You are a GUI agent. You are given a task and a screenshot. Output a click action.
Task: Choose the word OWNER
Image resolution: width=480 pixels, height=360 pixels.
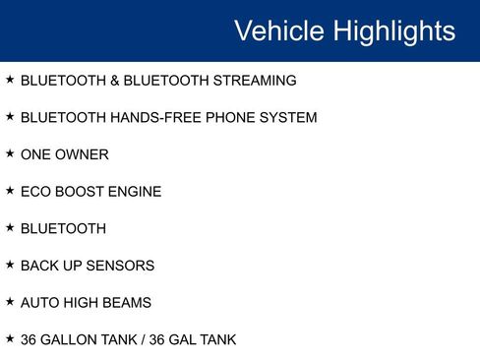pyautogui.click(x=83, y=154)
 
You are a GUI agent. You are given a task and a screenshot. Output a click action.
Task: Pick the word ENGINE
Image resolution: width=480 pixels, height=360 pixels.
pyautogui.click(x=135, y=192)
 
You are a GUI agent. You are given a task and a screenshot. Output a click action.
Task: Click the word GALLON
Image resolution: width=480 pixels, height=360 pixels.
pyautogui.click(x=71, y=340)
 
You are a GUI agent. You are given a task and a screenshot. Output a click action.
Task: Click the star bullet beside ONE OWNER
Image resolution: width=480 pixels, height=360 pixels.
pyautogui.click(x=10, y=153)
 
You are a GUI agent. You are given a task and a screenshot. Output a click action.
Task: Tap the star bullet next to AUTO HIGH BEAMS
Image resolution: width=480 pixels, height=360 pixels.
pyautogui.click(x=10, y=302)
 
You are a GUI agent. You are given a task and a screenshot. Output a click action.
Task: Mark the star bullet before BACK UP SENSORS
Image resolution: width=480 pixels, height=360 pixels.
pyautogui.click(x=10, y=265)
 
